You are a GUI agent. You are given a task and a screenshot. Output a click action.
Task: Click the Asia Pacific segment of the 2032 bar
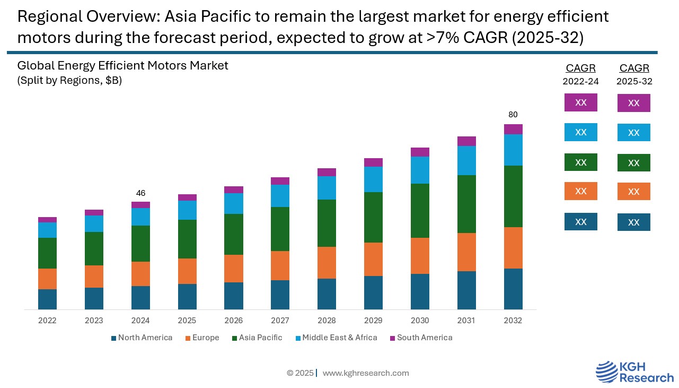point(513,196)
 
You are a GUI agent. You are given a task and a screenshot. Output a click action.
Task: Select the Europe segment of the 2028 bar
point(327,263)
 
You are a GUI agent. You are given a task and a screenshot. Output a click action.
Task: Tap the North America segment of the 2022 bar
point(47,299)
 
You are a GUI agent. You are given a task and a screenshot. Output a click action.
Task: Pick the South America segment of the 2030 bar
point(420,152)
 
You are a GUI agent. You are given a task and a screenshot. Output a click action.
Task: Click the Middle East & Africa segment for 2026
point(233,203)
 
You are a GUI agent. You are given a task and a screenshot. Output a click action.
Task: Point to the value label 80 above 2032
point(513,115)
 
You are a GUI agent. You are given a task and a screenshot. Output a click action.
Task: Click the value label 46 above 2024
point(140,193)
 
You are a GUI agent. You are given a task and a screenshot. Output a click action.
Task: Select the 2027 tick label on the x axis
point(280,321)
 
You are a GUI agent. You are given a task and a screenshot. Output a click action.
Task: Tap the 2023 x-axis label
point(94,321)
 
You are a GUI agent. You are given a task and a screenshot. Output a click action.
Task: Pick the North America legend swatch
point(113,338)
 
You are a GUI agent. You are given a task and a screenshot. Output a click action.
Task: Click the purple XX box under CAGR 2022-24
point(580,102)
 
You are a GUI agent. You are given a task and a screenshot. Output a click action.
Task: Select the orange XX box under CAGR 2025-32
point(633,192)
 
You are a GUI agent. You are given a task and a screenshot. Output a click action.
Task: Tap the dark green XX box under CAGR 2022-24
point(580,162)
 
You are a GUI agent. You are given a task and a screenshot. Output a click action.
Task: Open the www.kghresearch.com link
point(366,373)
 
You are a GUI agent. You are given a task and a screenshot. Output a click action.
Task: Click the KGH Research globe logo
point(606,371)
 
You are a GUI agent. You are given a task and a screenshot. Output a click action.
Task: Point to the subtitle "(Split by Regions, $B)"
point(69,81)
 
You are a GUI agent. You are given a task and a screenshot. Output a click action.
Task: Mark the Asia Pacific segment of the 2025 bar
point(187,239)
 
